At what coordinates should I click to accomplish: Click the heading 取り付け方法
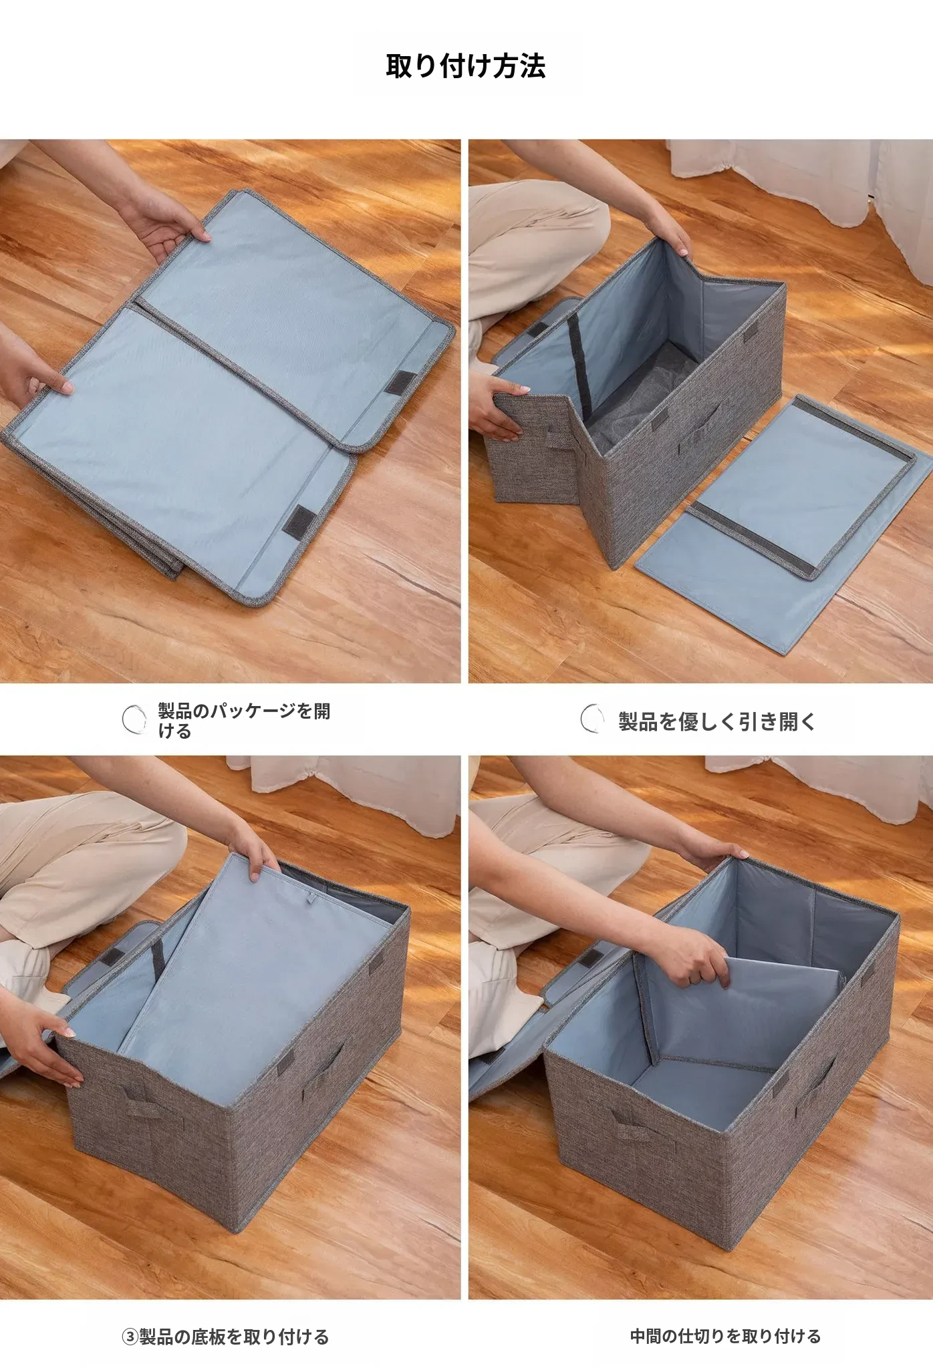tap(466, 66)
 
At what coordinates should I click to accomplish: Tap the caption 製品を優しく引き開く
tap(717, 721)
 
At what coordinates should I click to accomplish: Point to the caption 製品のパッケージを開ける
tap(244, 721)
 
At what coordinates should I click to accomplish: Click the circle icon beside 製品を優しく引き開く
tap(592, 719)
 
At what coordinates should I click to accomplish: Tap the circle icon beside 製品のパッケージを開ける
tap(134, 719)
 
